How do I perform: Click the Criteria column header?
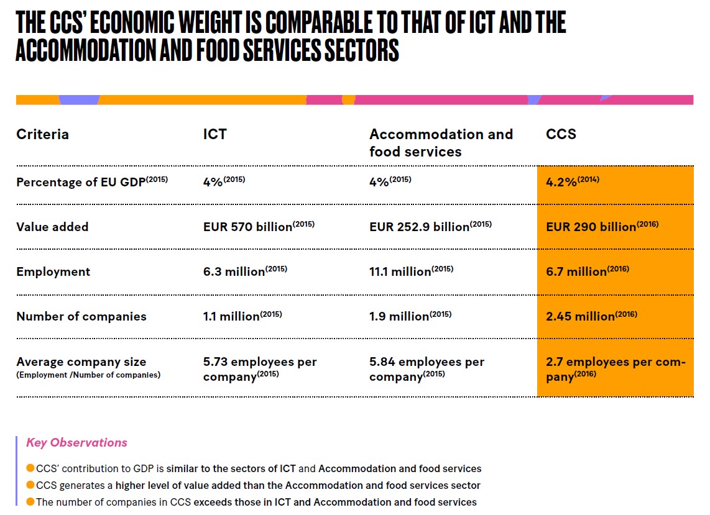click(x=42, y=134)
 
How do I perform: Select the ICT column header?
click(x=214, y=134)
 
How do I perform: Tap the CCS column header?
click(x=561, y=134)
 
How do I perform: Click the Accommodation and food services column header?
click(x=441, y=143)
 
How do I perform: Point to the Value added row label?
click(x=52, y=227)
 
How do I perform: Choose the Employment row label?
click(x=53, y=271)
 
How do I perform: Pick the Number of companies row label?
click(x=81, y=316)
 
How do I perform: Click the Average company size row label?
click(x=81, y=362)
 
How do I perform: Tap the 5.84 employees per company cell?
click(x=426, y=369)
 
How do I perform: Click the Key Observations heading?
click(x=76, y=443)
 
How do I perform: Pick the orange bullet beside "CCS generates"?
click(x=30, y=485)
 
